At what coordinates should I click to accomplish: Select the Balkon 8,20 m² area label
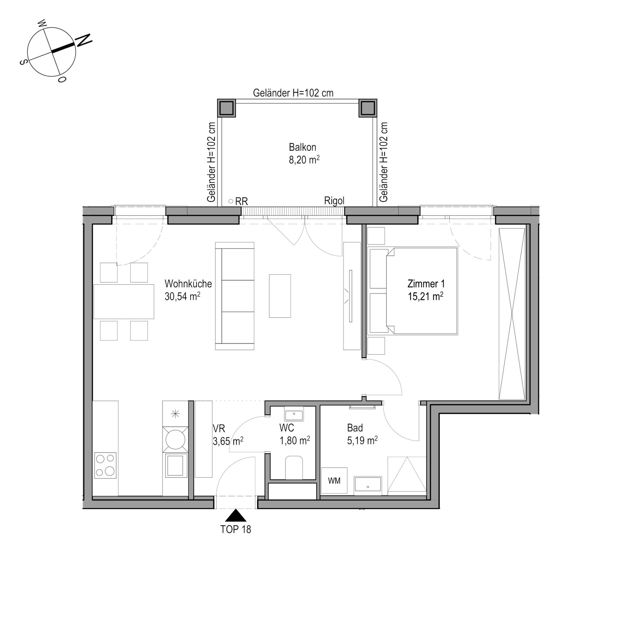click(304, 153)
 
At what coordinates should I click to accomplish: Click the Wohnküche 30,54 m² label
click(188, 290)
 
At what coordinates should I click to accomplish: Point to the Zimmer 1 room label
click(426, 284)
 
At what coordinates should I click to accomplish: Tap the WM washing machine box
click(334, 481)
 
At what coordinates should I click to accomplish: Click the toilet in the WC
click(294, 467)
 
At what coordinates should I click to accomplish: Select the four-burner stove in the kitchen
click(105, 465)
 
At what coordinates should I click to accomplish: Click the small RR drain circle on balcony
click(231, 201)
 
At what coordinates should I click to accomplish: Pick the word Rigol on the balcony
click(334, 201)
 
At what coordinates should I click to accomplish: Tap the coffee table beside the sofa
click(280, 296)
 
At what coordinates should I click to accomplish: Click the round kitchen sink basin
click(175, 439)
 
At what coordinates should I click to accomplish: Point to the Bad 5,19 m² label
click(362, 434)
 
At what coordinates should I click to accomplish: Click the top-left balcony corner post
click(226, 108)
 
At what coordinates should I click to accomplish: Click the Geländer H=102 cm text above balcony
click(293, 93)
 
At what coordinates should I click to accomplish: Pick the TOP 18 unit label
click(236, 529)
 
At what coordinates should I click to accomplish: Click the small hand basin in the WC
click(294, 415)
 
